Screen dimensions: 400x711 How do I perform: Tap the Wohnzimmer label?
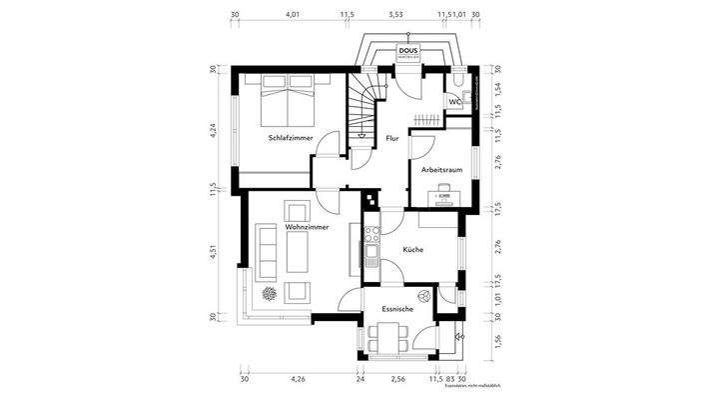point(307,228)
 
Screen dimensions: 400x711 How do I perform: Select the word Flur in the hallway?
point(392,140)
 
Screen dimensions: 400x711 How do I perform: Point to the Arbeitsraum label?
point(441,171)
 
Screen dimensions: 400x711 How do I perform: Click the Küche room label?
point(414,250)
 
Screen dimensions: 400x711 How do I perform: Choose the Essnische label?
point(397,310)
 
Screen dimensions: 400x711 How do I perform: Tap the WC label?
point(454,102)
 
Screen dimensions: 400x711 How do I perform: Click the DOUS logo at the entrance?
point(408,51)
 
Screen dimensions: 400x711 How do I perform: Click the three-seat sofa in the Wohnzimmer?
point(268,250)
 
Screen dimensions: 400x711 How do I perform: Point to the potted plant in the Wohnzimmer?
point(270,293)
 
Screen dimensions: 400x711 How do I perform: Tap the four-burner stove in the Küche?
point(371,240)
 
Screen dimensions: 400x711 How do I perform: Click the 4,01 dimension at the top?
point(293,16)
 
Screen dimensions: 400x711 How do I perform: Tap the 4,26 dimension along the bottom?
point(298,381)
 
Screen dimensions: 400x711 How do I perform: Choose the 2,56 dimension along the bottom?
point(397,381)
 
